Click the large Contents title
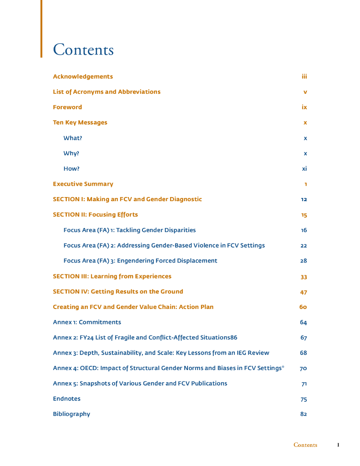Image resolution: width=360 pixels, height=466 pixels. click(83, 50)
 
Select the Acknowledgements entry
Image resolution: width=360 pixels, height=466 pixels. click(83, 76)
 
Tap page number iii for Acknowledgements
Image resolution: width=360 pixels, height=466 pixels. click(304, 76)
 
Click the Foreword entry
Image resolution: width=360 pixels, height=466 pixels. click(67, 107)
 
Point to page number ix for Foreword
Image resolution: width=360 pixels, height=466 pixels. click(304, 107)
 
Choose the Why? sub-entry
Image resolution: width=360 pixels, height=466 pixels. click(71, 153)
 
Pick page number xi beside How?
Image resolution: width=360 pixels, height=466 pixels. click(304, 169)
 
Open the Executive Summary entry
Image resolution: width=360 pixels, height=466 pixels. click(83, 184)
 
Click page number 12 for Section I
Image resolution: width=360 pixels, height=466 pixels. click(304, 200)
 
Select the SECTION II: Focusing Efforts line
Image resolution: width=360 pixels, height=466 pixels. click(95, 214)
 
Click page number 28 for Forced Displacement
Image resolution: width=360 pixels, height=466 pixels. click(304, 261)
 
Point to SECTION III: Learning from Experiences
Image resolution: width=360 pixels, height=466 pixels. click(112, 276)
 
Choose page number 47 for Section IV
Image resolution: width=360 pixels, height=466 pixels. click(304, 292)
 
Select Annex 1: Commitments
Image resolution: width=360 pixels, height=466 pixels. click(87, 322)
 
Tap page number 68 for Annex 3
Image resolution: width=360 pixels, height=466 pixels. click(304, 353)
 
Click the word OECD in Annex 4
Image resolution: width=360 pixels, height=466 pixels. click(88, 368)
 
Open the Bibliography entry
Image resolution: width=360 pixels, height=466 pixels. click(71, 414)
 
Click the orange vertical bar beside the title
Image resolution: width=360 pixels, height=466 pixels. click(41, 28)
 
